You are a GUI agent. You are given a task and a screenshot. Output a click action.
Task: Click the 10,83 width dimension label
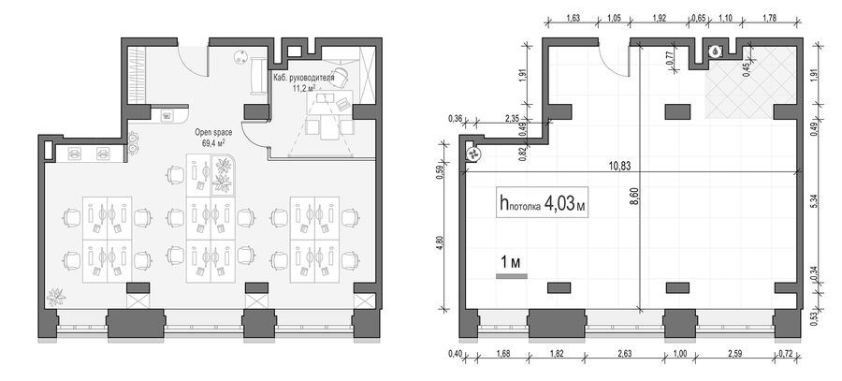pyautogui.click(x=619, y=166)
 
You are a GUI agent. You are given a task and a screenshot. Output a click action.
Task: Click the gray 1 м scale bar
pyautogui.click(x=511, y=276)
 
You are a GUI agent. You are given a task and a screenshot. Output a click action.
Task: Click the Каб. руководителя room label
pyautogui.click(x=303, y=78)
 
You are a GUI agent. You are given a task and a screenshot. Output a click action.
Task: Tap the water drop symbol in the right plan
pyautogui.click(x=716, y=51)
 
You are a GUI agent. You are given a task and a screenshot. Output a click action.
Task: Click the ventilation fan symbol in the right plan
pyautogui.click(x=473, y=154)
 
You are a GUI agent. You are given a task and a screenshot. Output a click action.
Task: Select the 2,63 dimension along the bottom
pyautogui.click(x=625, y=353)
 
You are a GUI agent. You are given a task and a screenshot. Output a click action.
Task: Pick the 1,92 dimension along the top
pyautogui.click(x=659, y=17)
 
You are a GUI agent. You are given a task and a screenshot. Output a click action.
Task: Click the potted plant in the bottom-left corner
pyautogui.click(x=56, y=297)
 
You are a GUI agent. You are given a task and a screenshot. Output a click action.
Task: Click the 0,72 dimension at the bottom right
pyautogui.click(x=786, y=353)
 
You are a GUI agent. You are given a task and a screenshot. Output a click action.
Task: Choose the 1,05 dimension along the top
pyautogui.click(x=614, y=17)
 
